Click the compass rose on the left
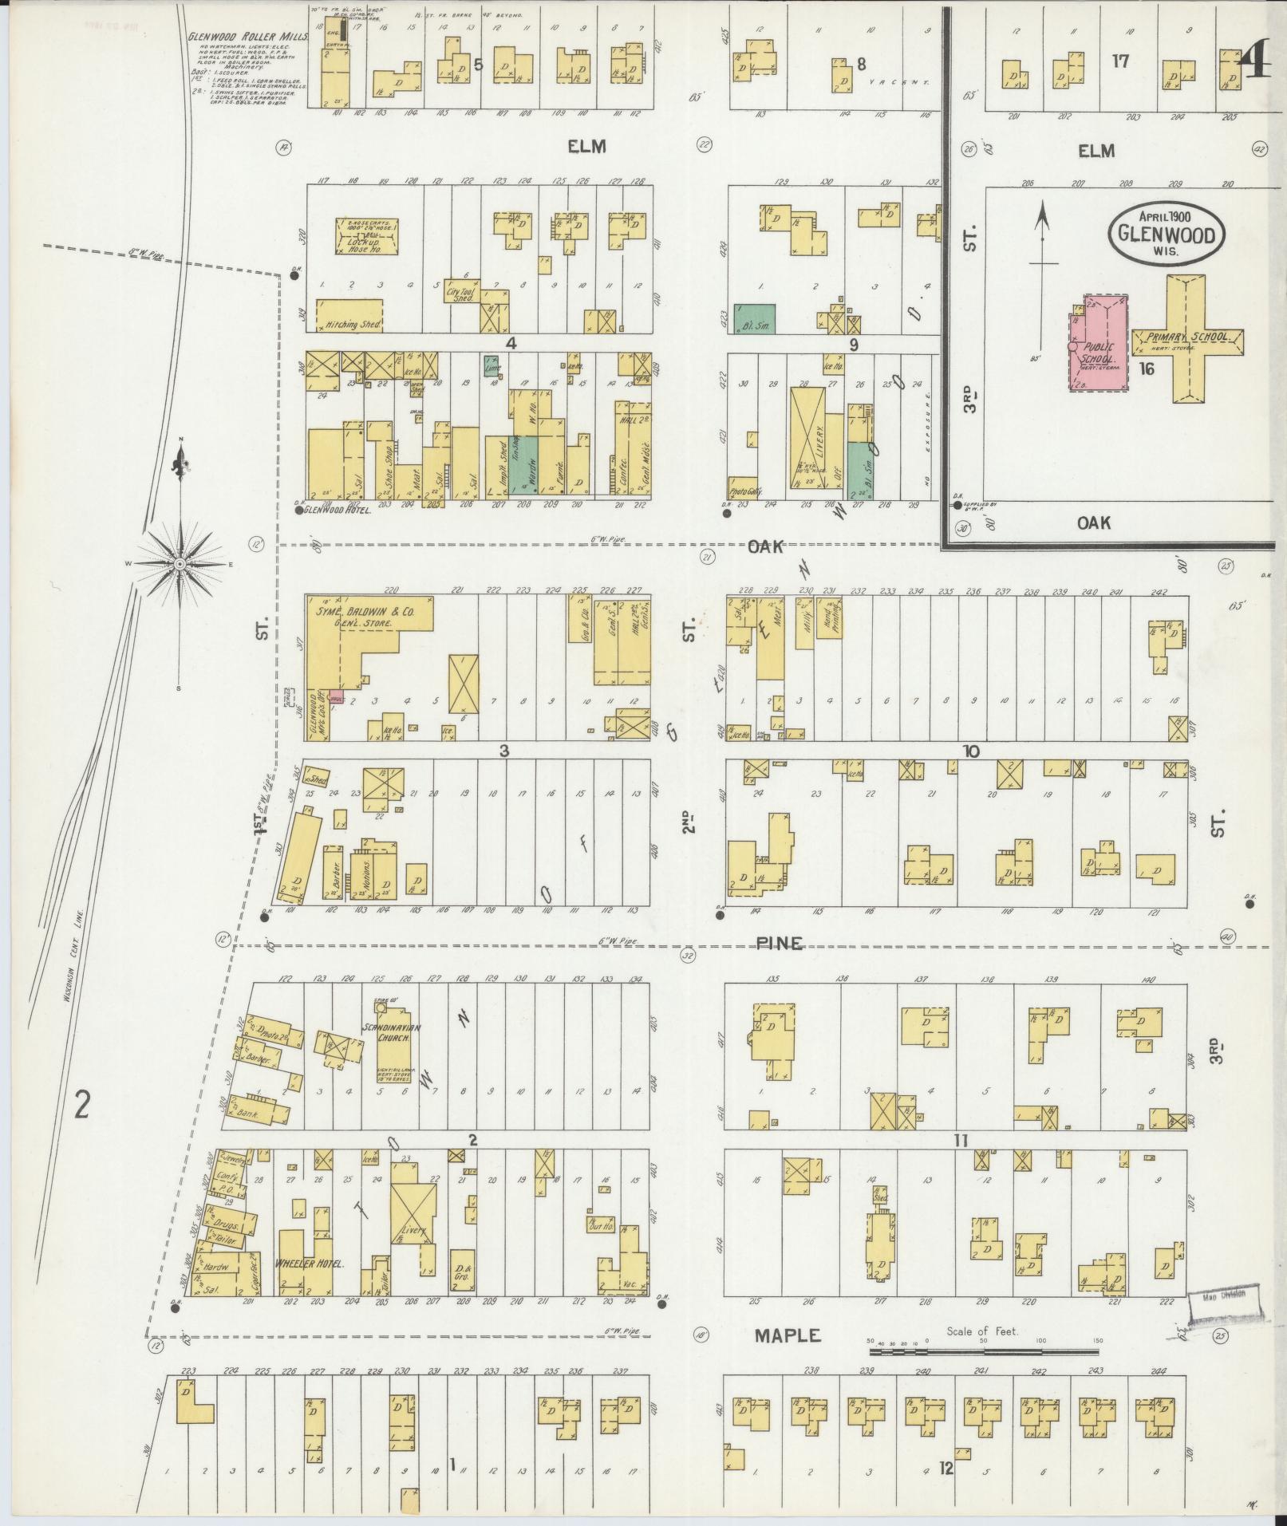pyautogui.click(x=180, y=563)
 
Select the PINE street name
pyautogui.click(x=780, y=944)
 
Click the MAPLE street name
pyautogui.click(x=788, y=1334)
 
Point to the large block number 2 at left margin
pyautogui.click(x=81, y=1106)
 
